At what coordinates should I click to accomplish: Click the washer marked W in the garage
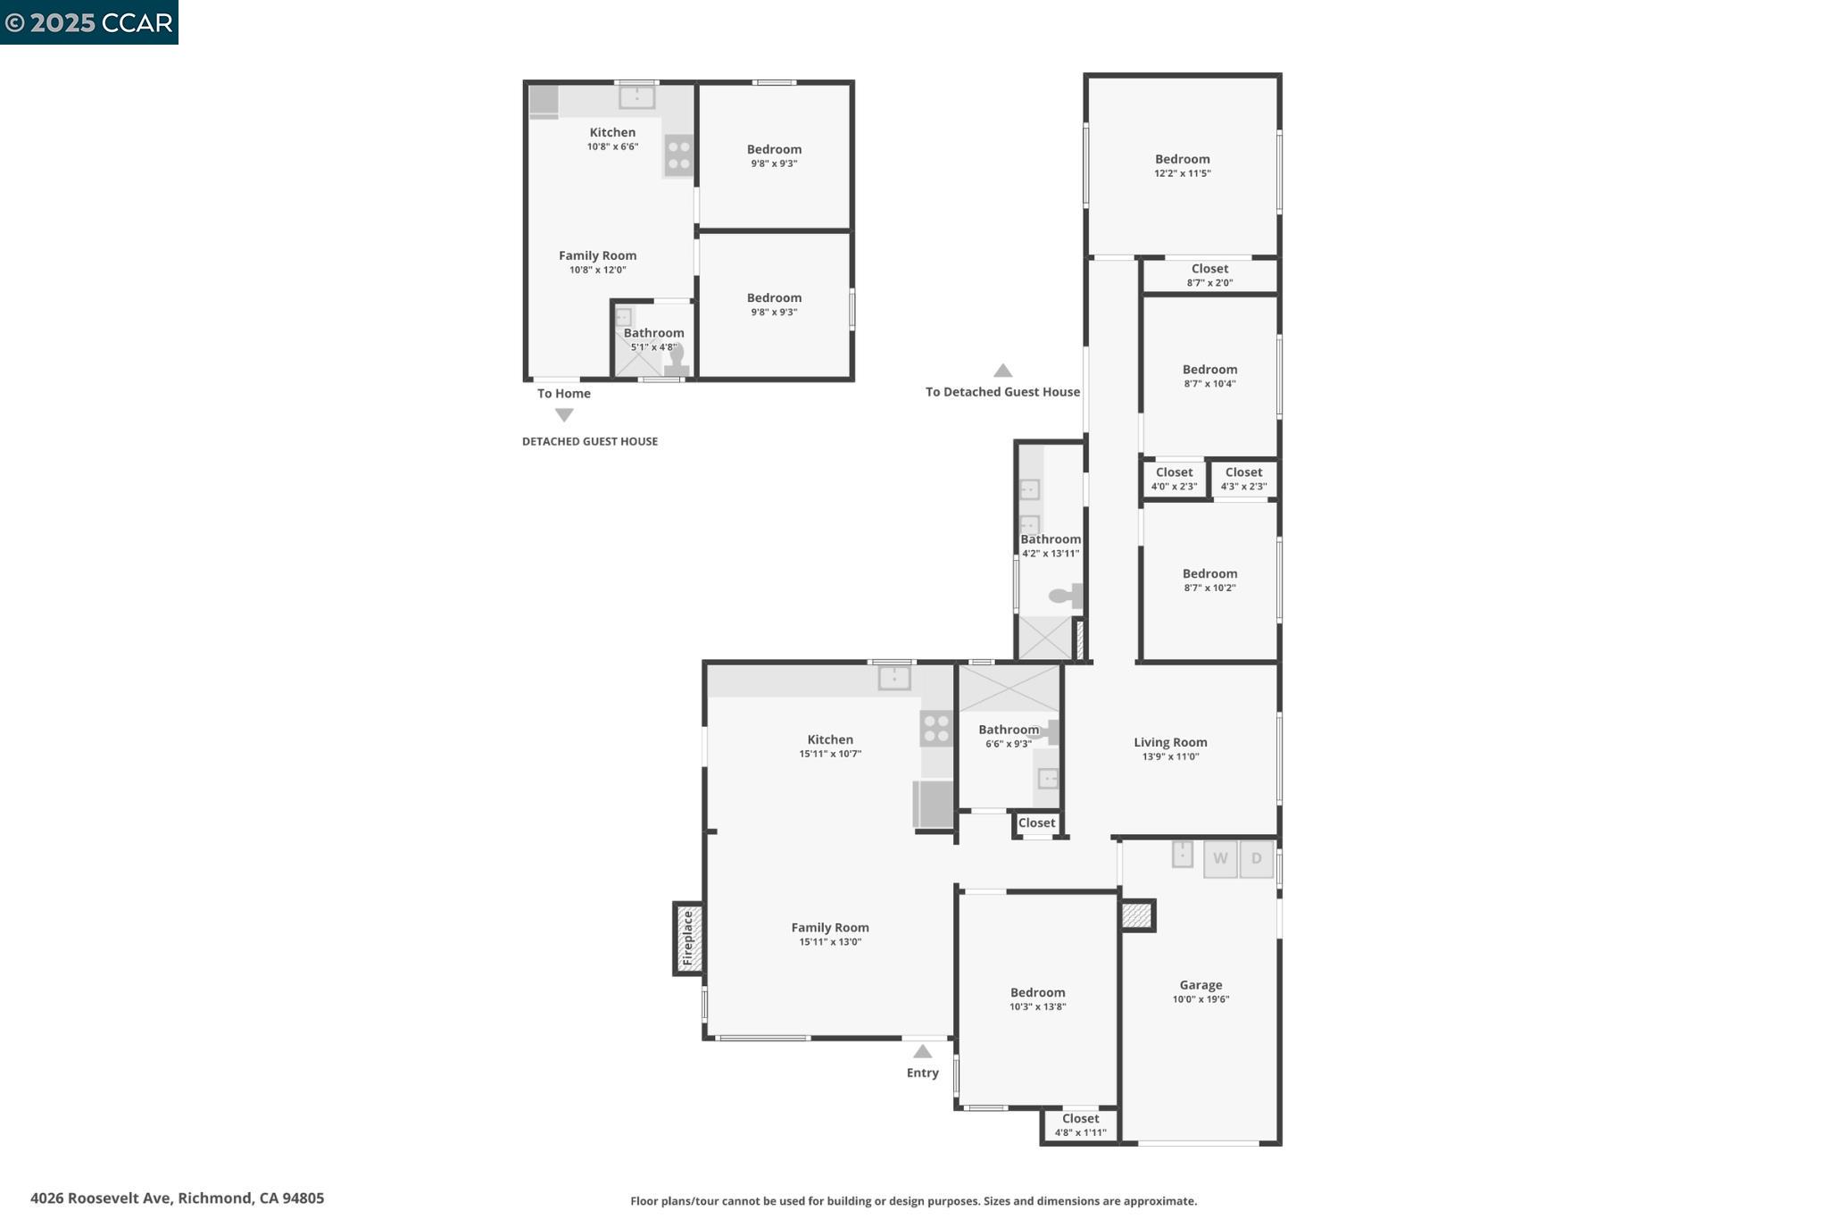(x=1220, y=859)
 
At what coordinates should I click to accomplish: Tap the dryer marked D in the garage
(x=1256, y=859)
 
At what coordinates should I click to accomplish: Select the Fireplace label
(x=688, y=939)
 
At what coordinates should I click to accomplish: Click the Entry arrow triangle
(x=922, y=1052)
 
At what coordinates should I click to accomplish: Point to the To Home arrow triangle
(x=564, y=415)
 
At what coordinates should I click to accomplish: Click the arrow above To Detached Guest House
(x=1002, y=371)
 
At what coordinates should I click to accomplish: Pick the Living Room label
(x=1170, y=742)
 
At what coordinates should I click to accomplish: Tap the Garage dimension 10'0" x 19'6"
(x=1201, y=999)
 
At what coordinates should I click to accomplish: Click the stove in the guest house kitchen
(x=678, y=154)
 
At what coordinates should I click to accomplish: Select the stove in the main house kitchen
(x=935, y=728)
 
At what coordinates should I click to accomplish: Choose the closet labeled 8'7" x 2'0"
(x=1209, y=275)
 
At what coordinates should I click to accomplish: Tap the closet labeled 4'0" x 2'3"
(x=1174, y=479)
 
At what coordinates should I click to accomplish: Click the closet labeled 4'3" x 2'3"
(x=1243, y=479)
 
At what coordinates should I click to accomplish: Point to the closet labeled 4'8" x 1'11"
(x=1080, y=1124)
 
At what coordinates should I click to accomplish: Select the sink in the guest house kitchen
(x=636, y=96)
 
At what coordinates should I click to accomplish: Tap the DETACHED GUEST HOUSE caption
(x=589, y=441)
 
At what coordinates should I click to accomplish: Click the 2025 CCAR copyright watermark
(x=88, y=22)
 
